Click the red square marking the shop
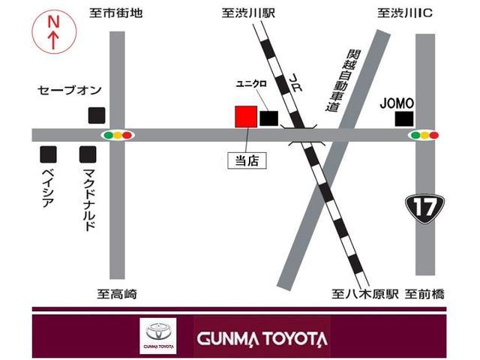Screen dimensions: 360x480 click(x=245, y=116)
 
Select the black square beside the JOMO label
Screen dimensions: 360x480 click(x=405, y=118)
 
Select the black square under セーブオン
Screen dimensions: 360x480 click(x=96, y=115)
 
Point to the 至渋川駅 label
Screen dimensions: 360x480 click(x=247, y=13)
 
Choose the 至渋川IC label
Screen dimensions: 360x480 click(x=404, y=13)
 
